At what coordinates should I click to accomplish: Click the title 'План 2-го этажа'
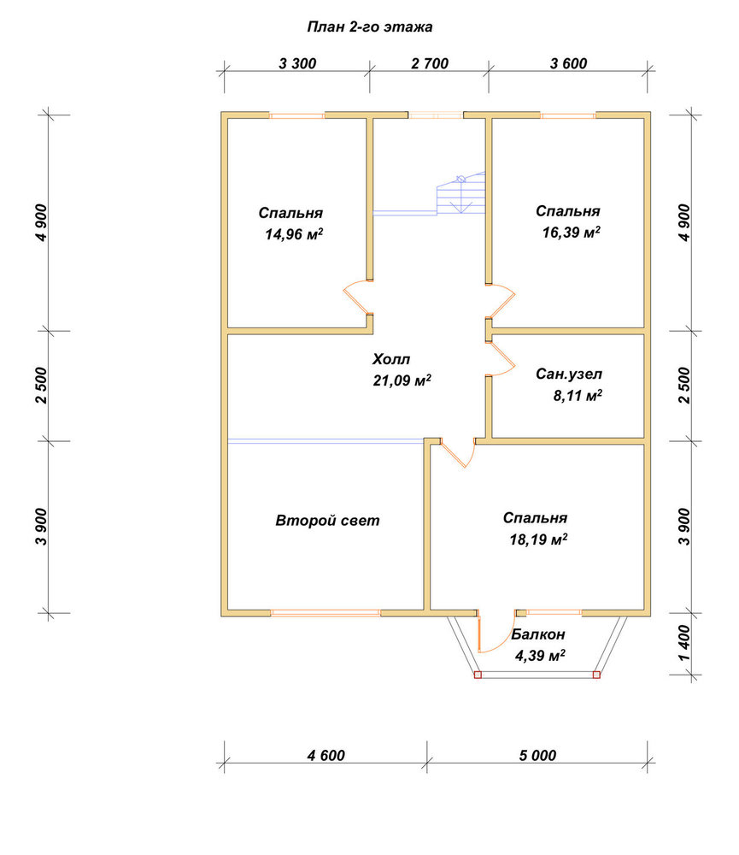pos(369,27)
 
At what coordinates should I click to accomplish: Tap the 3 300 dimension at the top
pos(297,64)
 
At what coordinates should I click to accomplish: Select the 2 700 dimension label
pos(430,64)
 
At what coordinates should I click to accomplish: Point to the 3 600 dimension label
pos(568,64)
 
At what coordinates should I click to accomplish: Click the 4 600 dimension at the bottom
pos(326,755)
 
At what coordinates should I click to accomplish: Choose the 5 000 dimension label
pos(537,755)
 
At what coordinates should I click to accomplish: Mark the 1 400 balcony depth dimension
pos(684,643)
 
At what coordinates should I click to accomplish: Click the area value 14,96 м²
pos(294,234)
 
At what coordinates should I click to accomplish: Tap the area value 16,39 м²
pos(572,233)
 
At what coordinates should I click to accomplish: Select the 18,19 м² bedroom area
pos(538,540)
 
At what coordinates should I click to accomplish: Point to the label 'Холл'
pos(391,359)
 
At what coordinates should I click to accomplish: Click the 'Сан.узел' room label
pos(569,374)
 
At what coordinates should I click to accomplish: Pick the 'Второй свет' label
pos(327,521)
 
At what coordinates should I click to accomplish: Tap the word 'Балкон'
pos(538,634)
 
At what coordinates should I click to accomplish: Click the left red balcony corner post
pos(478,675)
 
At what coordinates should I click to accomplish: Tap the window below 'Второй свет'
pos(326,613)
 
